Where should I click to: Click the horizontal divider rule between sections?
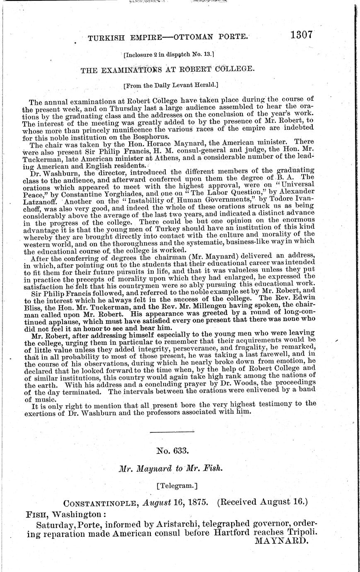click(171, 432)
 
